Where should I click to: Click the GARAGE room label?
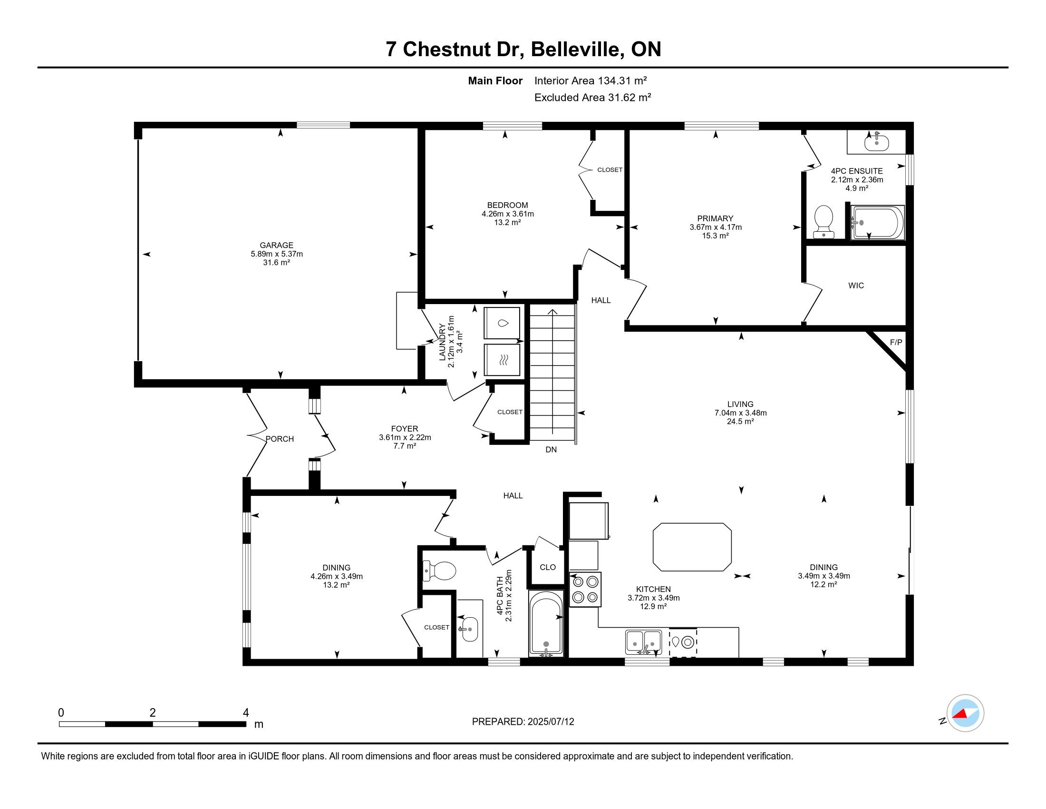[x=276, y=246]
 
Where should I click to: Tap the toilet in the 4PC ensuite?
[x=824, y=222]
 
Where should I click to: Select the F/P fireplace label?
[x=896, y=342]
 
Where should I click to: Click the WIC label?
[x=856, y=286]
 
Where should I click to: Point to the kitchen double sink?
[x=643, y=642]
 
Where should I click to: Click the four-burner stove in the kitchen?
[x=585, y=590]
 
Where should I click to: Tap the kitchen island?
[x=692, y=547]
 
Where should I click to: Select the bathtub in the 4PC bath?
[x=546, y=623]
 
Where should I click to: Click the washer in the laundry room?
[x=502, y=324]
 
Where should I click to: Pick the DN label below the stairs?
[x=551, y=450]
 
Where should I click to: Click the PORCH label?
[x=280, y=439]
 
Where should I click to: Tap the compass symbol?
[x=965, y=713]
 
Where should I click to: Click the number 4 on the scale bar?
[x=246, y=712]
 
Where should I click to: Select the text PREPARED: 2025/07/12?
[x=523, y=721]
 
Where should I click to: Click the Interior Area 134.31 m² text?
[x=591, y=80]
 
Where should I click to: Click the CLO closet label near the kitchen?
[x=547, y=567]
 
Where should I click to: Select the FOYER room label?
[x=405, y=429]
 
